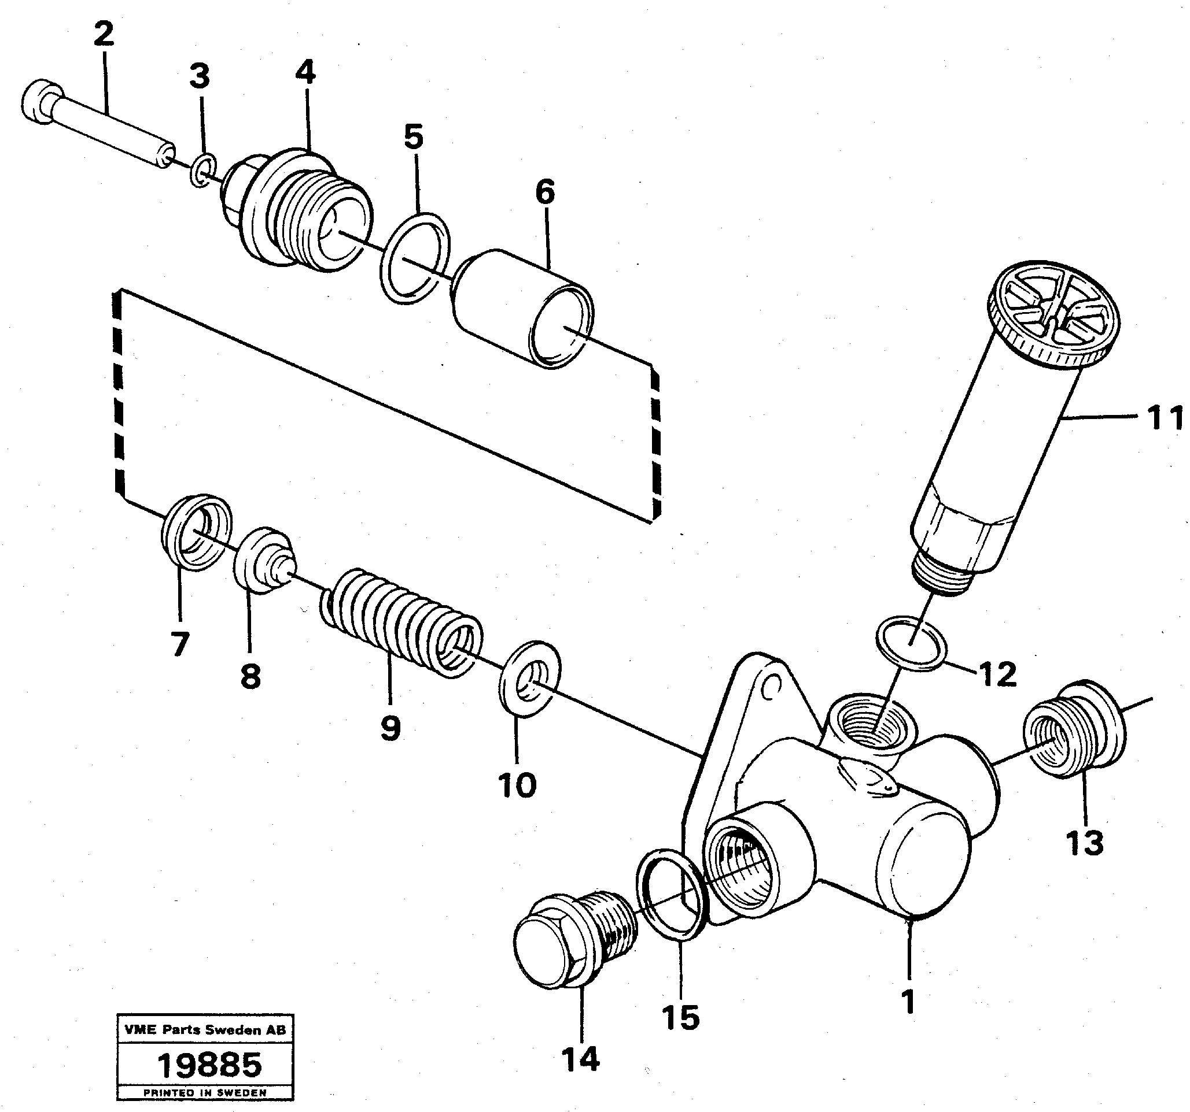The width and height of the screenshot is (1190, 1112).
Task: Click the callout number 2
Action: [104, 35]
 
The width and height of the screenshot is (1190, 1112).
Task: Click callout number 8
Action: [250, 677]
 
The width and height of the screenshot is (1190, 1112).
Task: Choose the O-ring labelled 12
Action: [911, 644]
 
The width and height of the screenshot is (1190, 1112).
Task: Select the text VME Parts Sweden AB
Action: [205, 1029]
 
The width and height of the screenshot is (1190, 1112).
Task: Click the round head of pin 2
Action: [40, 102]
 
